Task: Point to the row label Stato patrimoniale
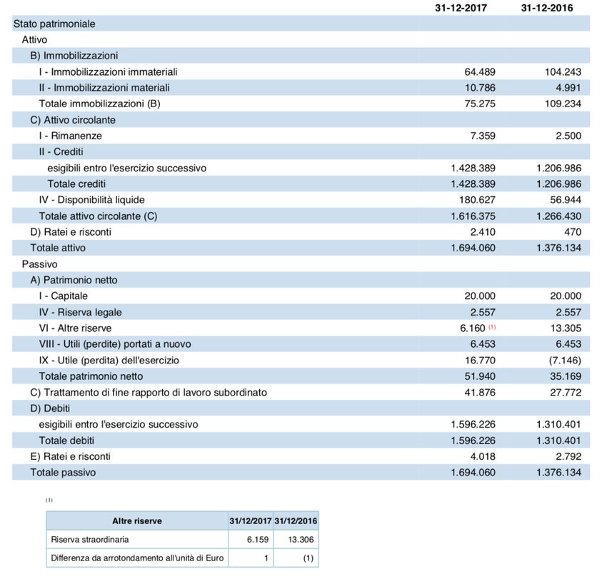(54, 24)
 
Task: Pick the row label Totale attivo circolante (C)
(98, 216)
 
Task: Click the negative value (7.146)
(565, 360)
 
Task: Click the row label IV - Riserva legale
(81, 312)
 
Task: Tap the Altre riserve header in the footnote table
(137, 520)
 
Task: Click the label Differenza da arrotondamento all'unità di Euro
(136, 557)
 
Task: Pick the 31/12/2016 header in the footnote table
(296, 520)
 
